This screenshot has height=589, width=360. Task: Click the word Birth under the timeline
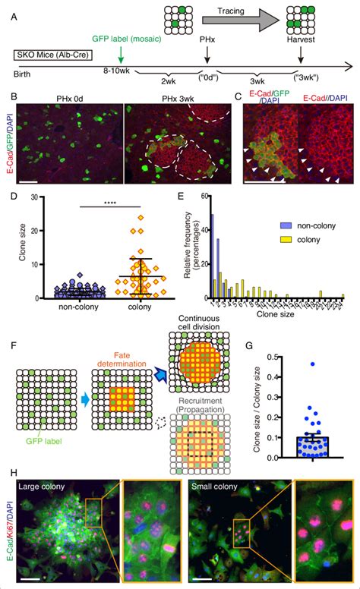click(25, 75)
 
